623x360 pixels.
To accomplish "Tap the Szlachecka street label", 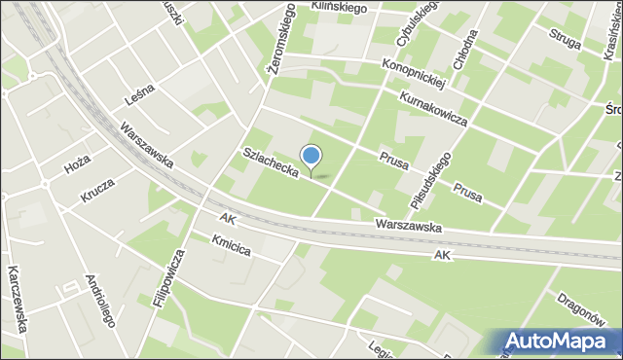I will pyautogui.click(x=270, y=162).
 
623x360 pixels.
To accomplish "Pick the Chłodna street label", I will pyautogui.click(x=470, y=46).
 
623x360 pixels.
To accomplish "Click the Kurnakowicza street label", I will pyautogui.click(x=432, y=109).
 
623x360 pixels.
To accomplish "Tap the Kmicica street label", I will pyautogui.click(x=232, y=244).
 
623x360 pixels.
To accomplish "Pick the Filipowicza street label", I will pyautogui.click(x=169, y=277).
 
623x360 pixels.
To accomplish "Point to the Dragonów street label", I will pyautogui.click(x=584, y=308).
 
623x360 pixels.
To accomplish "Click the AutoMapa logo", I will pyautogui.click(x=560, y=341).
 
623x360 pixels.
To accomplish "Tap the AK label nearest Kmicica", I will pyautogui.click(x=228, y=219).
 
